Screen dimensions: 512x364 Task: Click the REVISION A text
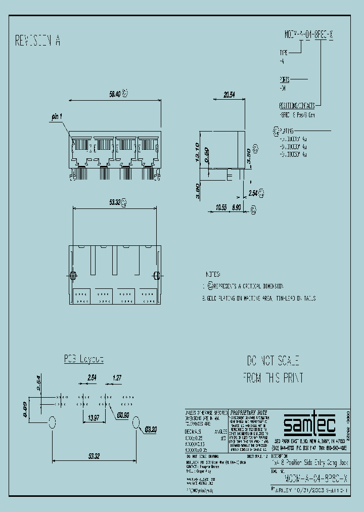pos(38,41)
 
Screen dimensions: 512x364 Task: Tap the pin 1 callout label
pos(56,116)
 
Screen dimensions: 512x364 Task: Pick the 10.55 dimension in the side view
pos(220,207)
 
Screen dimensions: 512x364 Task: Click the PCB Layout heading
pos(83,359)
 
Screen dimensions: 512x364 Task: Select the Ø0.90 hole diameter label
pos(124,415)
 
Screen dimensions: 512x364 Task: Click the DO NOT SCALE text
pos(273,361)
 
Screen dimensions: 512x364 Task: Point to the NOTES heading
pos(212,274)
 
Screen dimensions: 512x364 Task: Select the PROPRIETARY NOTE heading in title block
pos(249,412)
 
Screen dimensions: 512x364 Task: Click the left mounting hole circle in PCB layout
pos(52,422)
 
